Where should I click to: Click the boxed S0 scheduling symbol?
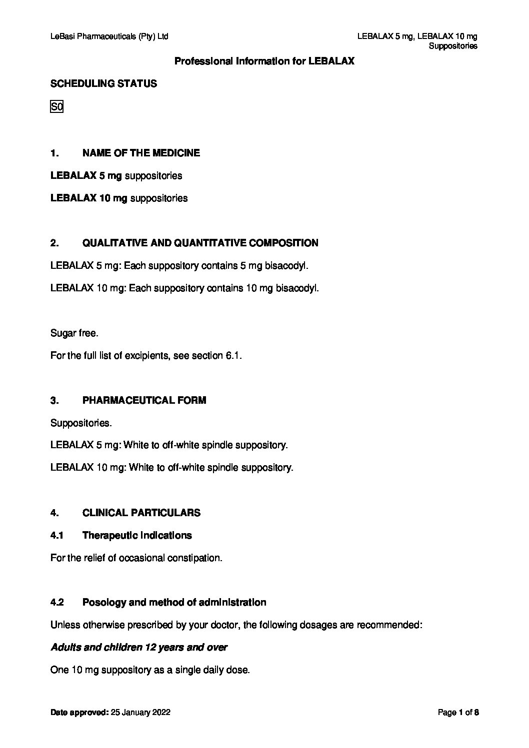click(56, 106)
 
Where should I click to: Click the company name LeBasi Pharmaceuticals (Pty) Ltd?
click(109, 36)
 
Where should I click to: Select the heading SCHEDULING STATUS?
click(103, 84)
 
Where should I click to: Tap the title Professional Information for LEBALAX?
click(264, 61)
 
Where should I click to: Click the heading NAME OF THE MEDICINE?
click(141, 153)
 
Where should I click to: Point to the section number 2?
click(54, 243)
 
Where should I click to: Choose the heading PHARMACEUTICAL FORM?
click(144, 401)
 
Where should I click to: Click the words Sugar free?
click(74, 333)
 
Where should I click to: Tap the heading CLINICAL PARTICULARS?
click(141, 513)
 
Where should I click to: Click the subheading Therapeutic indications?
click(137, 535)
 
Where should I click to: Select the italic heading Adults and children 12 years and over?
click(139, 648)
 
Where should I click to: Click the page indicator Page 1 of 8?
click(458, 713)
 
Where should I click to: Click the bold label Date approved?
click(79, 713)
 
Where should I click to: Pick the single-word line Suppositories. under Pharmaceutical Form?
click(81, 423)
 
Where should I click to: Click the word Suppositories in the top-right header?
click(453, 46)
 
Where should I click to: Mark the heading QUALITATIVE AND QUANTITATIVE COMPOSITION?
click(200, 243)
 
